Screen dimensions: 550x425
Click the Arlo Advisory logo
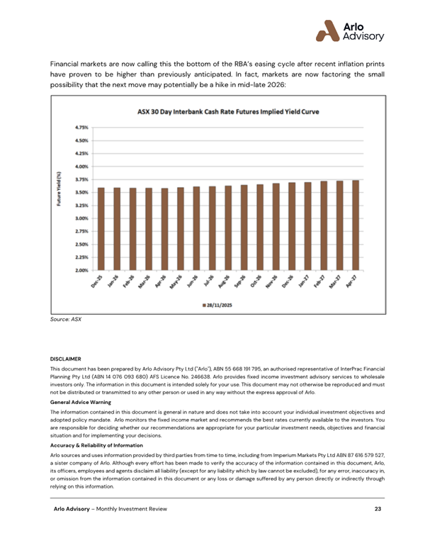349,30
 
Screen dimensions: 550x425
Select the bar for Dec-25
101,228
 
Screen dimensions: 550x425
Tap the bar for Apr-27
356,225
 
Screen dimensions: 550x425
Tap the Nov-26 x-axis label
273,284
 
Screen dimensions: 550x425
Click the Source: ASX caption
66,320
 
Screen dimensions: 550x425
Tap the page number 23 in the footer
378,509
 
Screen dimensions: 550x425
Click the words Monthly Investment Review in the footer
131,509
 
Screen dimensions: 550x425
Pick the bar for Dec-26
292,226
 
